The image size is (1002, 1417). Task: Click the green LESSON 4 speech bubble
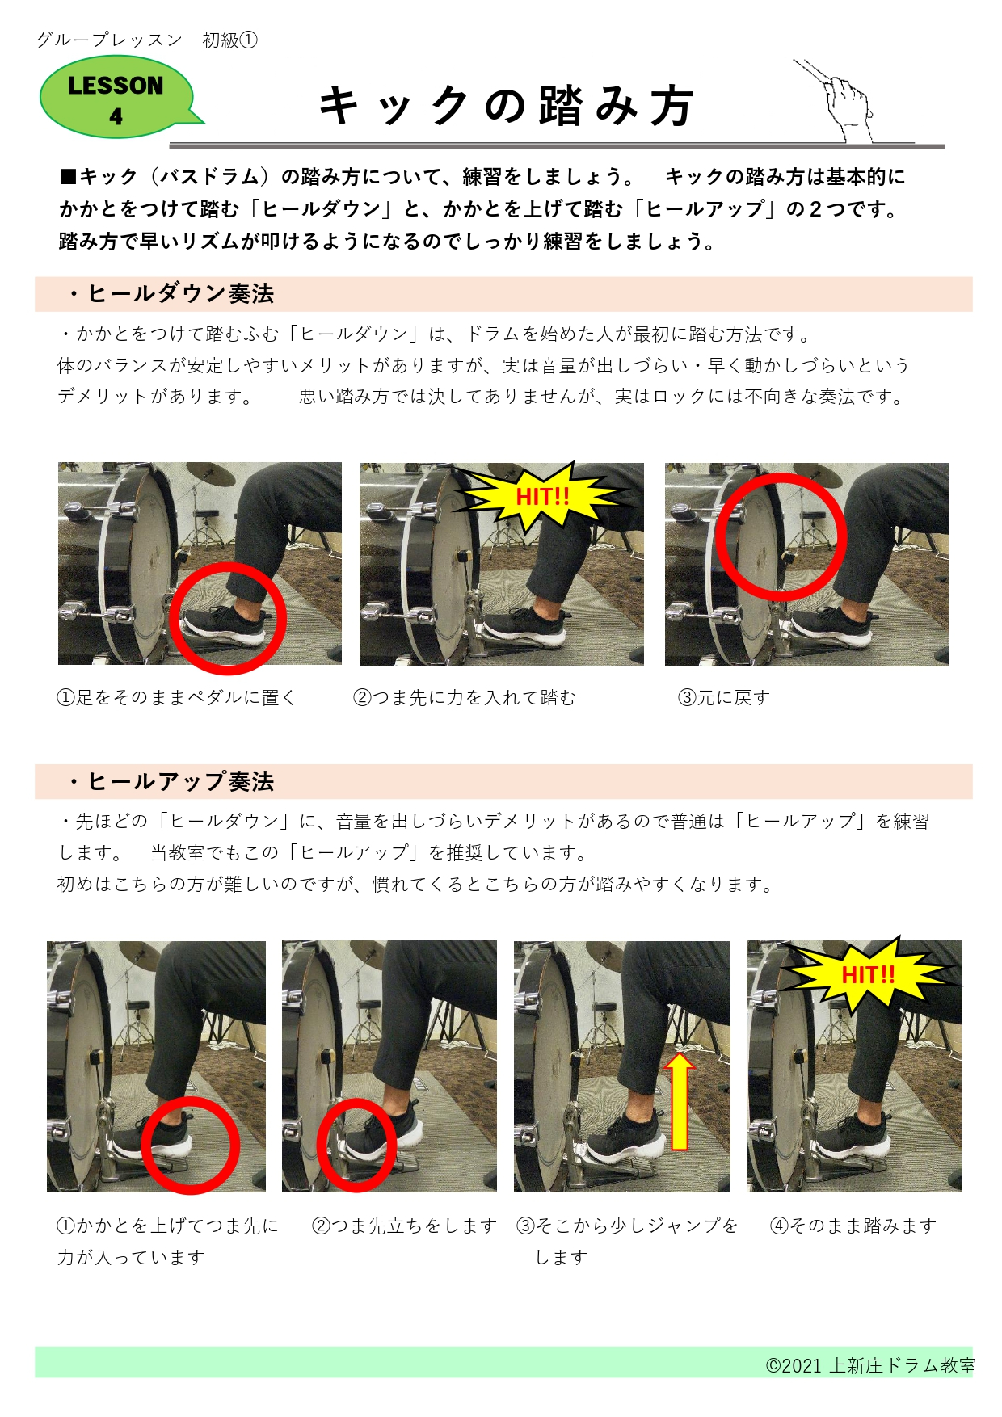pyautogui.click(x=116, y=98)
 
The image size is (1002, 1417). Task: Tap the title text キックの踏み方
pyautogui.click(x=507, y=107)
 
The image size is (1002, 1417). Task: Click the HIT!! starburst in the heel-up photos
pyautogui.click(x=868, y=974)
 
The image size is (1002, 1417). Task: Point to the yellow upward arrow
pyautogui.click(x=680, y=1100)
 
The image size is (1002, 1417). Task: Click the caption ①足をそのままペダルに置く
pyautogui.click(x=177, y=698)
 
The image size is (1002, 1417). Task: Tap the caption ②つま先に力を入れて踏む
pyautogui.click(x=465, y=698)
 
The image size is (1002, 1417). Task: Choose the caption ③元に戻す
pyautogui.click(x=724, y=698)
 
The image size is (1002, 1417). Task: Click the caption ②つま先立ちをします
pyautogui.click(x=404, y=1226)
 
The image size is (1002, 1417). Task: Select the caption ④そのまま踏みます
pyautogui.click(x=853, y=1226)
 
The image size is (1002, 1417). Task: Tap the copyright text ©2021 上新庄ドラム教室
pyautogui.click(x=870, y=1366)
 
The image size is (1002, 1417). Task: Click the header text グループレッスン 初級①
pyautogui.click(x=146, y=40)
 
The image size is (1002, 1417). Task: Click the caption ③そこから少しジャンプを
pyautogui.click(x=627, y=1226)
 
